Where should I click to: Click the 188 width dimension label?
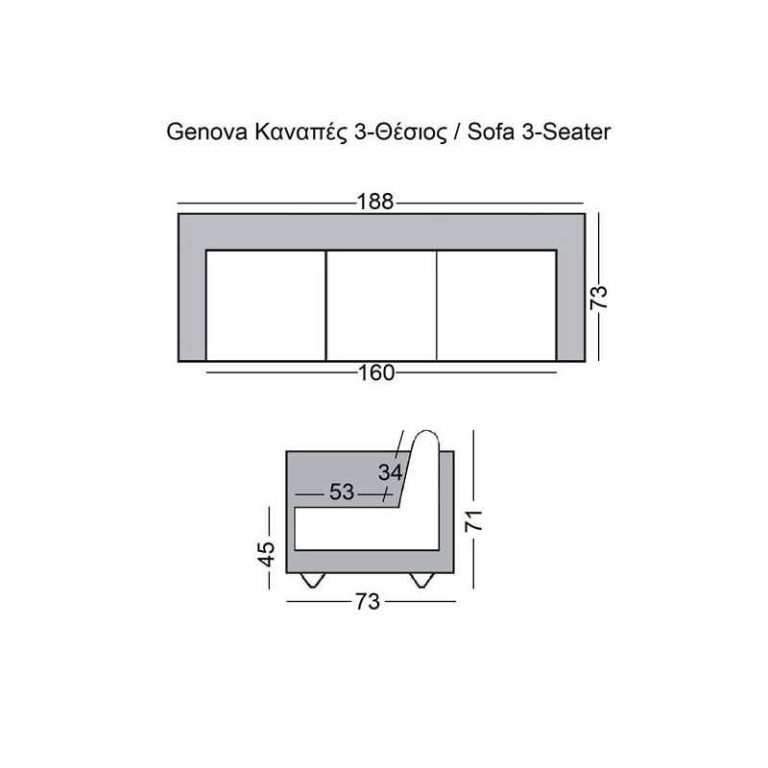pyautogui.click(x=375, y=202)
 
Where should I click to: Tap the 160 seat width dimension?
pyautogui.click(x=376, y=372)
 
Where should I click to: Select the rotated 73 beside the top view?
pyautogui.click(x=598, y=297)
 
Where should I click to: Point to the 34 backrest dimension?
pyautogui.click(x=390, y=472)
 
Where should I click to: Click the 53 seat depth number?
pyautogui.click(x=342, y=492)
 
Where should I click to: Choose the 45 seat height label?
pyautogui.click(x=267, y=554)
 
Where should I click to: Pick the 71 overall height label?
pyautogui.click(x=473, y=520)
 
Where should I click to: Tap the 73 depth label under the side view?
pyautogui.click(x=368, y=602)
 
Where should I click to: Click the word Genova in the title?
pyautogui.click(x=206, y=132)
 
